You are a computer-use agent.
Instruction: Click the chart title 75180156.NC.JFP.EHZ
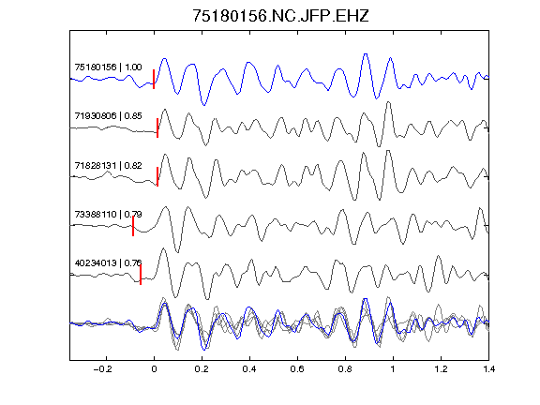point(280,16)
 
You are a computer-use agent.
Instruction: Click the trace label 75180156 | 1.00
point(108,67)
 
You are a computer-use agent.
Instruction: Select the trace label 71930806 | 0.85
point(108,115)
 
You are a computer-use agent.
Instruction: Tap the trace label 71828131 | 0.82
point(108,166)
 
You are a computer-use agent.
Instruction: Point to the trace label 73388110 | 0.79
point(108,214)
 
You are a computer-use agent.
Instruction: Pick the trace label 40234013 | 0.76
point(108,263)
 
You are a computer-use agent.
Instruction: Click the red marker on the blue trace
point(154,79)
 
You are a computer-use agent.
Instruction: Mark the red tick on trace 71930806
point(157,128)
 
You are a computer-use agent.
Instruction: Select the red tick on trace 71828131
point(157,176)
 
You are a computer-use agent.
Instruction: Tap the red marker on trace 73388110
point(133,226)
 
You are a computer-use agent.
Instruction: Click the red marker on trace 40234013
point(141,275)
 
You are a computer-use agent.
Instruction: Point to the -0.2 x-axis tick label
point(103,369)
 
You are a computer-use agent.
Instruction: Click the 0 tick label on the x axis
point(154,369)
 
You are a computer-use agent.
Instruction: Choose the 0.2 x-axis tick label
point(202,369)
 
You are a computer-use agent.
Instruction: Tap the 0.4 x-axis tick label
point(249,369)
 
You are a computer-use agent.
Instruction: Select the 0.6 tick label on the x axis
point(297,369)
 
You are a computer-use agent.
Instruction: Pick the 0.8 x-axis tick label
point(345,369)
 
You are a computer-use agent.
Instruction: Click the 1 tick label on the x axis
point(393,369)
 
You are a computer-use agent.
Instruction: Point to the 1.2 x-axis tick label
point(441,369)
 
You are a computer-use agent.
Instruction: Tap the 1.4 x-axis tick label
point(488,369)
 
